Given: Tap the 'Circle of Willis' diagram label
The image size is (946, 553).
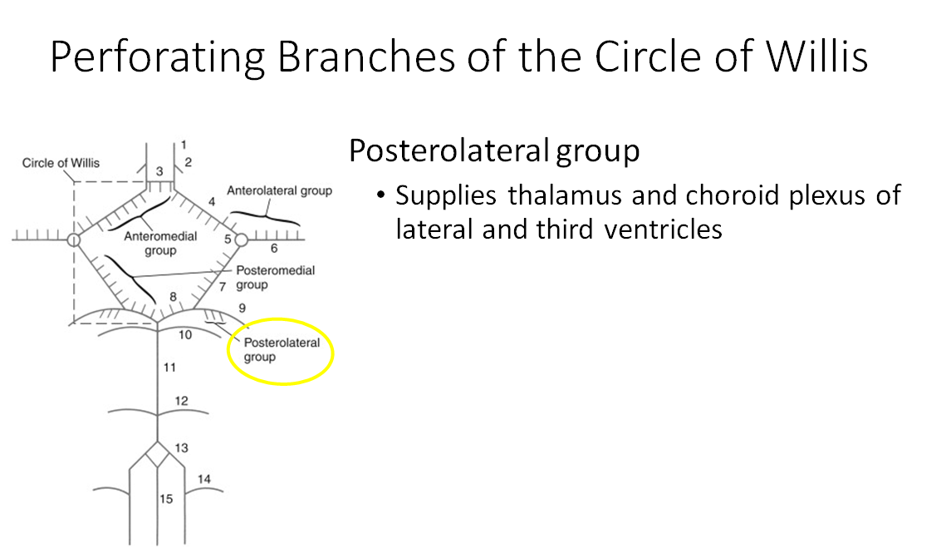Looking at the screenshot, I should tap(61, 163).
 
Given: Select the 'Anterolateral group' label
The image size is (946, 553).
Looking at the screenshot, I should tap(280, 190).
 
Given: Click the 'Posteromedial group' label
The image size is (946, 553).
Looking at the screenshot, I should tap(275, 278).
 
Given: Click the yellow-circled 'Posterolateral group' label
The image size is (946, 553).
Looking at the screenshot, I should tap(282, 350).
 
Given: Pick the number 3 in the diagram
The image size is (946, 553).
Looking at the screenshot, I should tap(160, 171).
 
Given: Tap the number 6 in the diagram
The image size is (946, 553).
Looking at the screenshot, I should tap(274, 248).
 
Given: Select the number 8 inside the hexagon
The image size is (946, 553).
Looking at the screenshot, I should tap(174, 297).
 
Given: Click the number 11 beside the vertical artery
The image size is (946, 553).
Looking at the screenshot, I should tap(170, 367).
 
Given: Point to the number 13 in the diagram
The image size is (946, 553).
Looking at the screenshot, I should tap(181, 448).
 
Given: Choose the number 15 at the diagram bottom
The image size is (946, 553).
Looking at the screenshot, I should tap(166, 499).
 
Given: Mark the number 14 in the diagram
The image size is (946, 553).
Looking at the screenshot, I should tap(204, 479).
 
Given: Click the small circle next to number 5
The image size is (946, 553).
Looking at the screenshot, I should tap(241, 240).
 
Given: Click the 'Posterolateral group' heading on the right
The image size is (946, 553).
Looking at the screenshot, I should tap(493, 151).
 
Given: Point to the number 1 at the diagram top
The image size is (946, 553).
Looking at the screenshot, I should tap(184, 145).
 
